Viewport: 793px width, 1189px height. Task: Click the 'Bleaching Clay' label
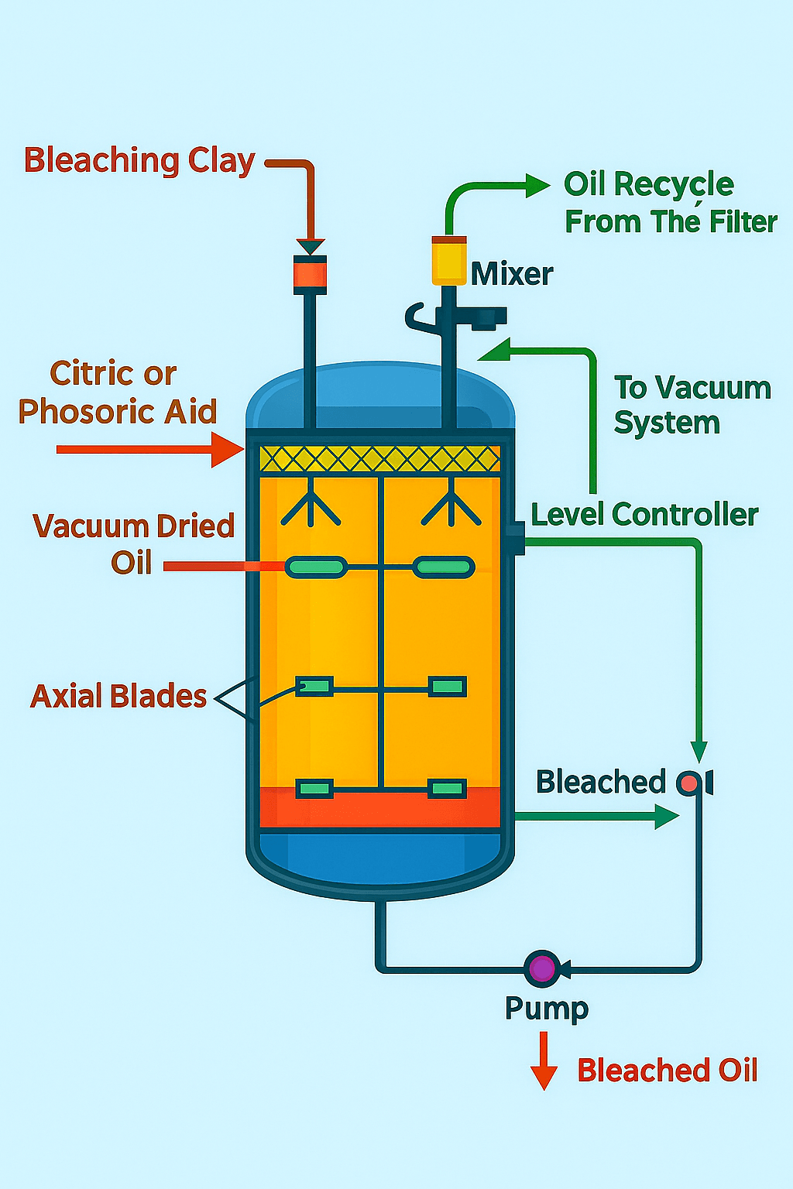pos(139,161)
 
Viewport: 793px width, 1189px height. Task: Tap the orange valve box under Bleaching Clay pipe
pos(310,275)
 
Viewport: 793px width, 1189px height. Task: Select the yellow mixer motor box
pos(448,261)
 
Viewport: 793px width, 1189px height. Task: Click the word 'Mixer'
pos(512,274)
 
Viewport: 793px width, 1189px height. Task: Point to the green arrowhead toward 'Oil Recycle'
pos(537,186)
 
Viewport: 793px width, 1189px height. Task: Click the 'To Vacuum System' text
pos(692,405)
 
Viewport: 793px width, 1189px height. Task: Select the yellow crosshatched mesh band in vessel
pos(379,459)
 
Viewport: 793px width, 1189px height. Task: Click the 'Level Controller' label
pos(644,515)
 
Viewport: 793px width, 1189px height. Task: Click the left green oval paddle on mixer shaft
pos(316,567)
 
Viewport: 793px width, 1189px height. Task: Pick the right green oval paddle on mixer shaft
pos(443,567)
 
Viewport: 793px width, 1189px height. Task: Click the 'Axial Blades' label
pos(118,696)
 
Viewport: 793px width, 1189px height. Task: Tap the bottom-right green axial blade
pos(447,789)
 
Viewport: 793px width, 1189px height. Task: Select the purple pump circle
pos(542,968)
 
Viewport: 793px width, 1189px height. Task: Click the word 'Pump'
pos(547,1009)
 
